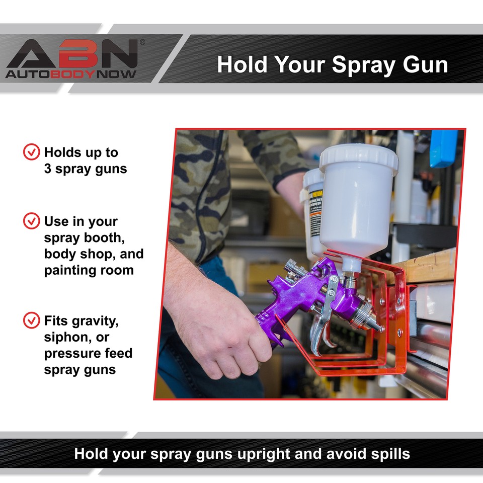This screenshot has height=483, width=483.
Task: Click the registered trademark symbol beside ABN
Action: point(142,42)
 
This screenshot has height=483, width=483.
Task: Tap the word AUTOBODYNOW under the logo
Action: point(71,73)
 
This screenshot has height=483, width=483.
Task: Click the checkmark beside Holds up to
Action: point(32,152)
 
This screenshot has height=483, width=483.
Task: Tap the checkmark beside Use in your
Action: point(32,221)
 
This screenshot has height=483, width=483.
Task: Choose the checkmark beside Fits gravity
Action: point(32,320)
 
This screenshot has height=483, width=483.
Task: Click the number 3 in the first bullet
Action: point(48,169)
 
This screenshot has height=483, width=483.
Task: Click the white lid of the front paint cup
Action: point(358,156)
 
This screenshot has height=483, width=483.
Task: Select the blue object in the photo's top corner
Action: point(443,148)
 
